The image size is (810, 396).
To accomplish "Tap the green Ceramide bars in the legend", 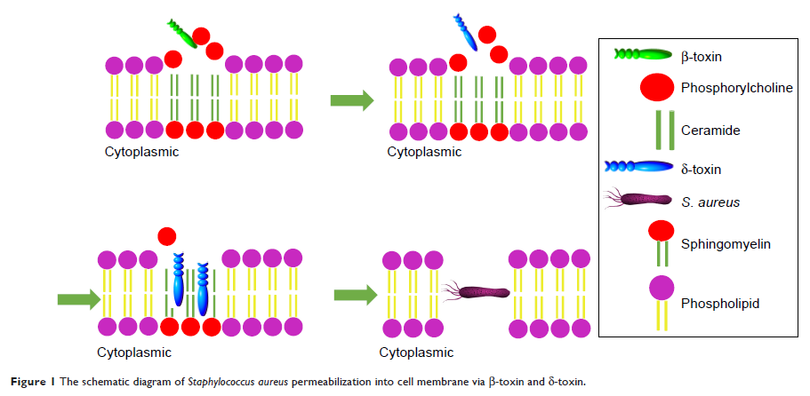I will [x=659, y=130].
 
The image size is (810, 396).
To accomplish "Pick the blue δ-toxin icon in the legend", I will [x=638, y=167].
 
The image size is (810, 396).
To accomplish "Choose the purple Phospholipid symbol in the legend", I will [x=659, y=301].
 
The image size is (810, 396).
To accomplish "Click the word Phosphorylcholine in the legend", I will [x=736, y=89].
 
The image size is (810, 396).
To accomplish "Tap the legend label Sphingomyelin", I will [x=724, y=242].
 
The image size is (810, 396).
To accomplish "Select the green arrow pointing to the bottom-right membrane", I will [x=355, y=294].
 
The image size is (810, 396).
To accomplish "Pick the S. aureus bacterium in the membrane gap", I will [x=477, y=292].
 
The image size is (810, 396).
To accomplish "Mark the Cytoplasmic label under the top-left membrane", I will [x=142, y=152].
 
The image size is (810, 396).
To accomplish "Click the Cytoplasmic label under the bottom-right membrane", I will [x=416, y=352].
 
